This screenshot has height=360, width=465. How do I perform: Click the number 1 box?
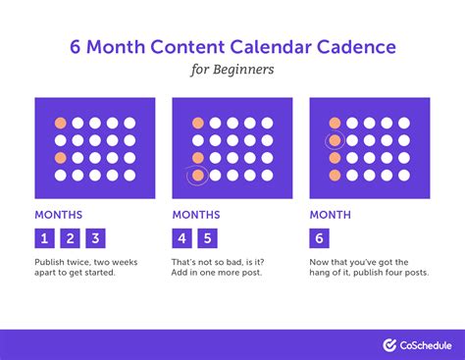pos(44,237)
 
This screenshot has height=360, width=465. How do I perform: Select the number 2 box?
pos(69,237)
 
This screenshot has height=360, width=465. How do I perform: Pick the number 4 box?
pos(181,237)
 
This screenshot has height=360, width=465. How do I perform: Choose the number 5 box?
pos(206,237)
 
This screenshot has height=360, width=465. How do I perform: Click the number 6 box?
pos(319,237)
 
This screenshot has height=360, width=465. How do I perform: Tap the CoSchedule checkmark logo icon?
pos(389,344)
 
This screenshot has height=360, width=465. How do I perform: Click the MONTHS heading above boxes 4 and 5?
pos(196,214)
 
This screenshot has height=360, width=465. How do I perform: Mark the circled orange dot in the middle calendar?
pos(197,175)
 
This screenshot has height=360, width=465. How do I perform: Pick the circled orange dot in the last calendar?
pos(335,140)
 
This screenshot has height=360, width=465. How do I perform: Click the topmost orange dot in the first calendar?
pos(60,123)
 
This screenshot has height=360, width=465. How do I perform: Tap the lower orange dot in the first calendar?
pos(60,157)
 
